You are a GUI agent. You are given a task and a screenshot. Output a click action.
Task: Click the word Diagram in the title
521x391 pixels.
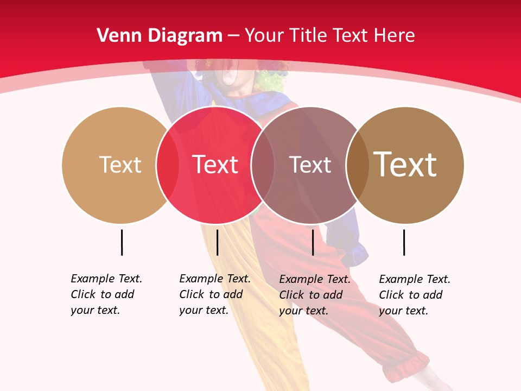pos(185,36)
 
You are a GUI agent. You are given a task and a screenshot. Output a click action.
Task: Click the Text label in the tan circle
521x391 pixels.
pos(120,165)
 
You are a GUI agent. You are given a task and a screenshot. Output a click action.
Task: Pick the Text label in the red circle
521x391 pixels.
pos(215,165)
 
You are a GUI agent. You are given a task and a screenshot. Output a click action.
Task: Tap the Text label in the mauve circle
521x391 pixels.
pos(310,165)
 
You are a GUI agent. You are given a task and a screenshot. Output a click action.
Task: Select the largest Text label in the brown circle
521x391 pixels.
pos(405,165)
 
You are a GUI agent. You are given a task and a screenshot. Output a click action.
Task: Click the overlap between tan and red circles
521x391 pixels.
pos(167,165)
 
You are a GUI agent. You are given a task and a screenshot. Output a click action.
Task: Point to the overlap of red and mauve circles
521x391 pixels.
pos(263,165)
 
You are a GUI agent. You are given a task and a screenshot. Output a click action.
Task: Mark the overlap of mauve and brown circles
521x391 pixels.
pos(358,165)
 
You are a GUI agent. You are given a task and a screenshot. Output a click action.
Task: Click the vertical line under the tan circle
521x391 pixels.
pos(122,242)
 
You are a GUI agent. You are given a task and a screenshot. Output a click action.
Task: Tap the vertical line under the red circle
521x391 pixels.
pos(217,242)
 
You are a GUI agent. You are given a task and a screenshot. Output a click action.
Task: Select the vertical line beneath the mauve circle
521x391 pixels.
pos(313,242)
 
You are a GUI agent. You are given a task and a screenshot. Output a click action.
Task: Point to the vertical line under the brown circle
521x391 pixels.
pos(404,242)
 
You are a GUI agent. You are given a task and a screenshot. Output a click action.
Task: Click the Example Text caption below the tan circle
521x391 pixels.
pos(106,294)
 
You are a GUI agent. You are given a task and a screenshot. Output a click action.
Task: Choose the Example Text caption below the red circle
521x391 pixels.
pos(215,294)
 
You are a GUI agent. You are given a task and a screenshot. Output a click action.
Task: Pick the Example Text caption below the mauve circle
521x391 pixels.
pos(315,295)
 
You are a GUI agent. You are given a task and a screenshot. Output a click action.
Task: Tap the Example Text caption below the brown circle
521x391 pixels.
pos(415,295)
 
